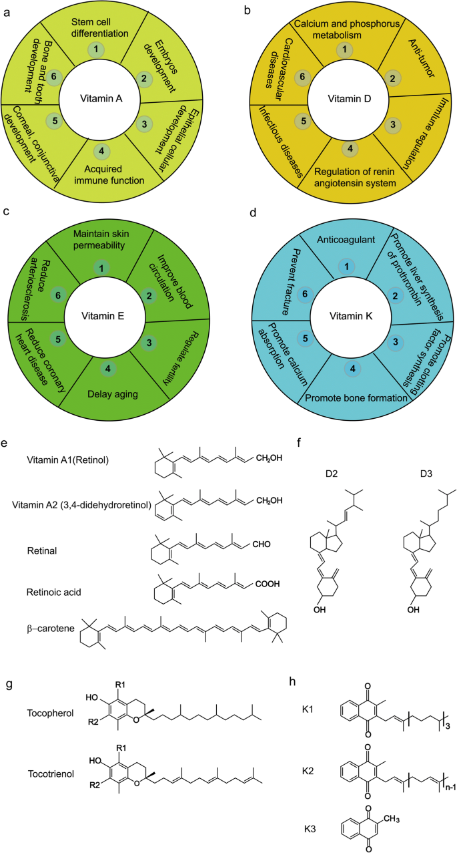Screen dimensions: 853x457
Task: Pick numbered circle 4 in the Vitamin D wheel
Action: [344, 148]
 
